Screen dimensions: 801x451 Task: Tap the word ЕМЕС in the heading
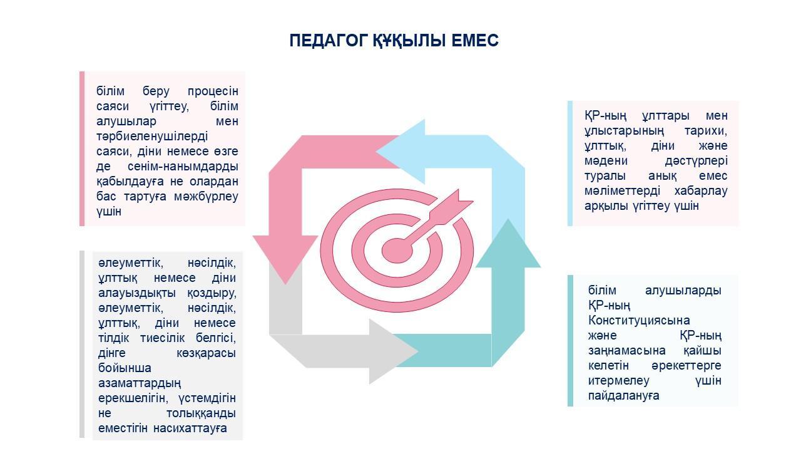coord(475,41)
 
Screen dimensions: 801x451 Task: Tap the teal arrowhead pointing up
coord(508,244)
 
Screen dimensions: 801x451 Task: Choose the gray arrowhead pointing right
coord(392,351)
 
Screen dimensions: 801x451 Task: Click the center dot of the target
coord(397,250)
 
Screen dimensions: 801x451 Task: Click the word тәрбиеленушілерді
coord(152,137)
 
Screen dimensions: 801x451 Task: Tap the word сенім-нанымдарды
coord(183,167)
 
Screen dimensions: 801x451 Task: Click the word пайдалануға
coord(624,395)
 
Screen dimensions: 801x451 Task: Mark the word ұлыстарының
coord(624,131)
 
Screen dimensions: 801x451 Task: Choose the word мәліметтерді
coord(622,191)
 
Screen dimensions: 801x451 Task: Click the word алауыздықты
coord(137,293)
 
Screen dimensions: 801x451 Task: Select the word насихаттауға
coord(190,428)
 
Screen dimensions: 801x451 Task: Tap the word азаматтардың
coord(140,383)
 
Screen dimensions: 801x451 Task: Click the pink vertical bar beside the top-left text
coord(82,148)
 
